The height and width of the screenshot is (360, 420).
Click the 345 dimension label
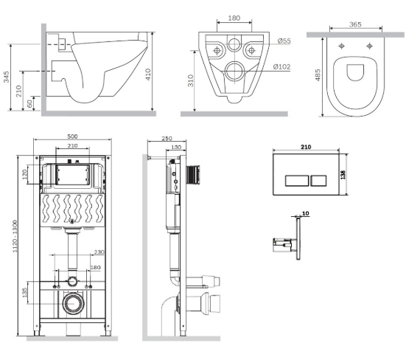(x=7, y=77)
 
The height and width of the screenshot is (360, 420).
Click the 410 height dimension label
(x=148, y=75)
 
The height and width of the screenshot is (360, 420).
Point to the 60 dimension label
(x=30, y=103)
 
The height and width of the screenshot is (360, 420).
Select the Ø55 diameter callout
(x=284, y=41)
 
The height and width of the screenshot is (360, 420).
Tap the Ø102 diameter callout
(x=281, y=66)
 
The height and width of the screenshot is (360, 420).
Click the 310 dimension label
(x=191, y=80)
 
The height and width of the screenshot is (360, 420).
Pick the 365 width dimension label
(x=355, y=24)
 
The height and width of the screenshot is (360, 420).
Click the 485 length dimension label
(x=318, y=75)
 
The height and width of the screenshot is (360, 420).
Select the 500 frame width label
(x=72, y=136)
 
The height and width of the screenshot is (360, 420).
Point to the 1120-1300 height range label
(x=15, y=236)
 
